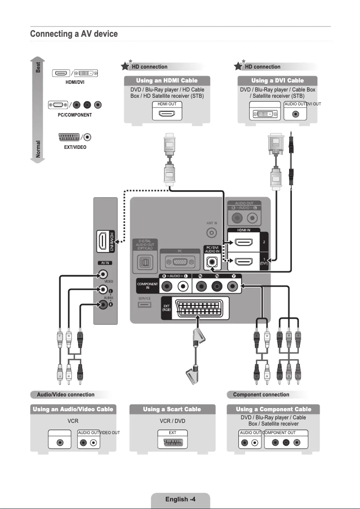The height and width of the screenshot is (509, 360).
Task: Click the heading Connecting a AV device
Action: (x=74, y=34)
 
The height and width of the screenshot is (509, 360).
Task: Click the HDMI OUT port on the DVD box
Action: (x=167, y=113)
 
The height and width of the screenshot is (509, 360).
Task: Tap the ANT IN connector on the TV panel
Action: (x=212, y=233)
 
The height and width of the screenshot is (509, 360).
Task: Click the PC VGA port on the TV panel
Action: (x=180, y=261)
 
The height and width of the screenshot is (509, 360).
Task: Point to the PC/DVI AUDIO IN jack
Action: (x=212, y=262)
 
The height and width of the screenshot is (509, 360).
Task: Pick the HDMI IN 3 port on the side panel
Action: (x=104, y=241)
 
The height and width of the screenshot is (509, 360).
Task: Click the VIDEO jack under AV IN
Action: (x=104, y=274)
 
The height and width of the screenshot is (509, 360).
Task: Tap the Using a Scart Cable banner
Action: (x=172, y=409)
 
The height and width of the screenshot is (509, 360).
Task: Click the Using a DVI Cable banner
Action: (x=277, y=81)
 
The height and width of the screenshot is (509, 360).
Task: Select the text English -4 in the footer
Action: (x=180, y=499)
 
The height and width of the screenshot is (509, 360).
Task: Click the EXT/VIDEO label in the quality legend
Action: (x=75, y=147)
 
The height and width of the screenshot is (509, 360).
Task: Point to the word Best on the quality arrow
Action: (x=39, y=67)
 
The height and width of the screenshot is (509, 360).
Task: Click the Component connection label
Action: (x=261, y=395)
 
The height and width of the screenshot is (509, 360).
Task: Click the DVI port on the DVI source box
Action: (x=264, y=113)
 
